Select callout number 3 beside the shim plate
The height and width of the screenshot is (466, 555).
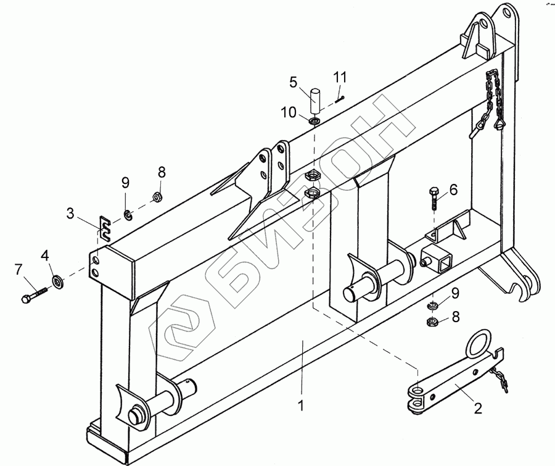click(71, 214)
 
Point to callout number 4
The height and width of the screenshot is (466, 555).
click(44, 254)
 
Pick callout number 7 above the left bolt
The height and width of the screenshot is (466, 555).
click(18, 269)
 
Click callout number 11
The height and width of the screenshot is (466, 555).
click(340, 77)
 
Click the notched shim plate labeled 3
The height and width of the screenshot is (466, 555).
click(105, 227)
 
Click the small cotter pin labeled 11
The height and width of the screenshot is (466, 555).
click(340, 96)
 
